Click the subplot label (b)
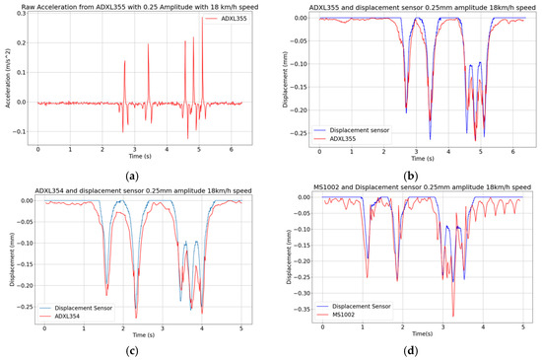pyautogui.click(x=406, y=175)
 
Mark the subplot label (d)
pyautogui.click(x=406, y=352)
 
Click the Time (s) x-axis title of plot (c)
pyautogui.click(x=143, y=335)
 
